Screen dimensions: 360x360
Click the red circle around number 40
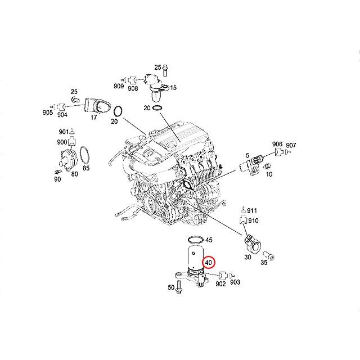click(209, 263)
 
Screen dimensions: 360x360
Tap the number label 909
click(119, 87)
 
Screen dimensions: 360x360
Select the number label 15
click(173, 88)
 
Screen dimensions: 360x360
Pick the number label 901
click(63, 132)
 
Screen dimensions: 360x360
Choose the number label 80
click(74, 174)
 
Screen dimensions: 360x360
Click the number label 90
click(57, 179)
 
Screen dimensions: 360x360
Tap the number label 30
click(247, 257)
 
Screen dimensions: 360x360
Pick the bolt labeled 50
click(179, 286)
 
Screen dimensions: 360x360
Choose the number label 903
click(235, 282)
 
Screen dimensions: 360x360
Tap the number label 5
click(246, 155)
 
